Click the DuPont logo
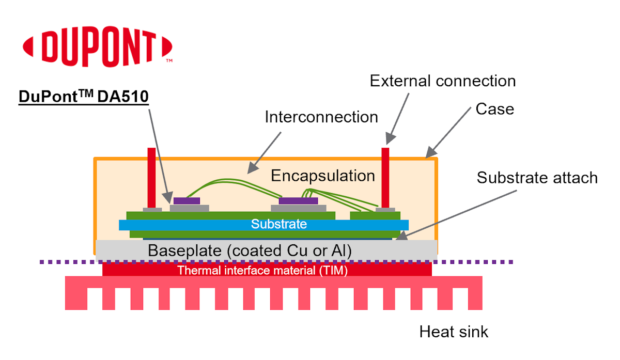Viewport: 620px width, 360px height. click(97, 49)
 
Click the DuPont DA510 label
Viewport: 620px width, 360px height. click(84, 97)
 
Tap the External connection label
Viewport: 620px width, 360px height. click(443, 81)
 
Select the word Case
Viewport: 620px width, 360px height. click(494, 109)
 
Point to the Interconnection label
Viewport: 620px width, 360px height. click(321, 117)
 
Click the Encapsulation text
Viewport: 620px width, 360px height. click(323, 176)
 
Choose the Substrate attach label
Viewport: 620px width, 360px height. click(537, 178)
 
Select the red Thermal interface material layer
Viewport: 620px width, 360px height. click(267, 270)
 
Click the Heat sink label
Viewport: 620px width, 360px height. click(454, 331)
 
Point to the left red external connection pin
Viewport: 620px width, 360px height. click(151, 177)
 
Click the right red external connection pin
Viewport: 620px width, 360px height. click(385, 177)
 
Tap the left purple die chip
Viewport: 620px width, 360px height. click(187, 200)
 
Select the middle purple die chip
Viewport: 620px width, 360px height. click(298, 200)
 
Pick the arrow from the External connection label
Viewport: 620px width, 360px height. click(398, 117)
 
